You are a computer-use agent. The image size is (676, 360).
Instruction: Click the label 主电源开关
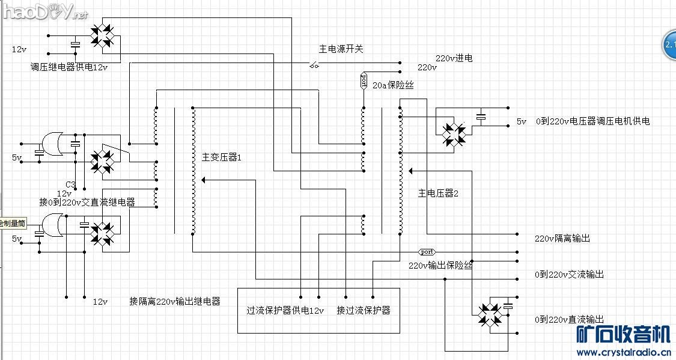point(341,49)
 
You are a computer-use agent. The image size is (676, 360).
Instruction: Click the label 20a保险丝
point(394,86)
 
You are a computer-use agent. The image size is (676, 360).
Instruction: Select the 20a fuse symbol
point(364,81)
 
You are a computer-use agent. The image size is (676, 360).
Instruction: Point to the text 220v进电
point(454,58)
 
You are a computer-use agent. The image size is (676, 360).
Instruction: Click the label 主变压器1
point(221,158)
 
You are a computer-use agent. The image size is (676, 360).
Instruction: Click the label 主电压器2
point(438,194)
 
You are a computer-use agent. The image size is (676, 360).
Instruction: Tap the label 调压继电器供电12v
point(69,67)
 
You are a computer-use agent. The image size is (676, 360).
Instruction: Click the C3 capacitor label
point(70,184)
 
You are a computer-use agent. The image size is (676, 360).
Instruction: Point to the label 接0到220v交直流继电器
point(87,203)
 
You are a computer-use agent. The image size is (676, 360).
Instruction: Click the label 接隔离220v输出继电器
point(175,301)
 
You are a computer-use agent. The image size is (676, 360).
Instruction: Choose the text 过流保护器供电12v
point(285,311)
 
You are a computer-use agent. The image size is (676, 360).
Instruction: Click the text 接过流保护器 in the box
point(364,311)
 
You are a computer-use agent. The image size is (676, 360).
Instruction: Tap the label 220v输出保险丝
point(440,266)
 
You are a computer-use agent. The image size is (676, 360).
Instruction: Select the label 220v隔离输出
point(562,239)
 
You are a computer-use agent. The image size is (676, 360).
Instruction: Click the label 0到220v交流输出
point(569,275)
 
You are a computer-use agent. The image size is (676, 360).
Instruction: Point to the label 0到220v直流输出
point(569,320)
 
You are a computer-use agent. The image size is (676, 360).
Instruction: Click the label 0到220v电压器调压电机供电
point(592,121)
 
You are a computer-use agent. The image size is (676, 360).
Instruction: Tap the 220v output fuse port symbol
point(427,251)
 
